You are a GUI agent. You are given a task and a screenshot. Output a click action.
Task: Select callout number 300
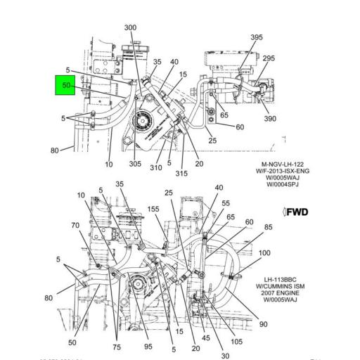[x=130, y=27]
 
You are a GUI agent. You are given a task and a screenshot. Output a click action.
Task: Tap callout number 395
[x=257, y=37]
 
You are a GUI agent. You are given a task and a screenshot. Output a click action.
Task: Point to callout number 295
[x=269, y=59]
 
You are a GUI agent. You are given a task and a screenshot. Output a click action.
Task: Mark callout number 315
[x=182, y=174]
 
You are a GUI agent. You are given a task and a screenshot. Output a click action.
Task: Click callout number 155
[x=153, y=210]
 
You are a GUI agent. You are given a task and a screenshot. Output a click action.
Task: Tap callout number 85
[x=269, y=227]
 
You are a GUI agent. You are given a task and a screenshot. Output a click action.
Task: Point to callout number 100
[x=264, y=253]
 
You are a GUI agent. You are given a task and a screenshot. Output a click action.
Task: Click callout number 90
[x=263, y=324]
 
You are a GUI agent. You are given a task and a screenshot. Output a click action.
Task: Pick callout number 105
[x=236, y=341]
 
